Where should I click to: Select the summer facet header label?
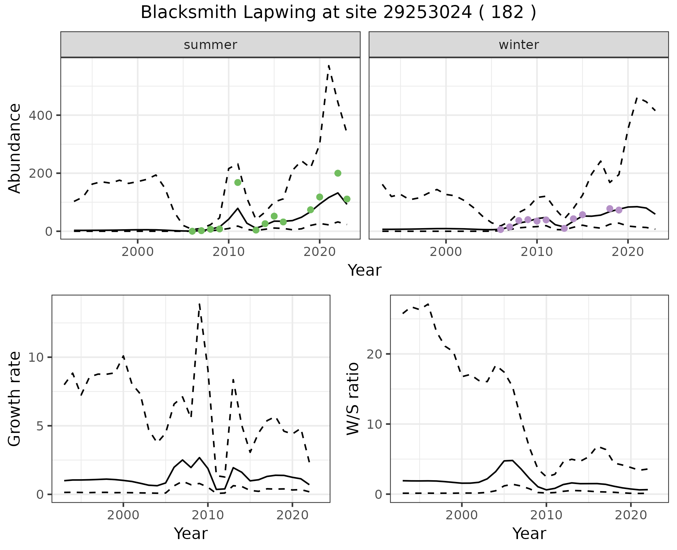click(211, 45)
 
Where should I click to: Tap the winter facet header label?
click(519, 45)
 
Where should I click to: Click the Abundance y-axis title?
click(15, 148)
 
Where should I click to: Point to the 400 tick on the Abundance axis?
click(40, 116)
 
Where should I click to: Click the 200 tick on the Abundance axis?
click(40, 173)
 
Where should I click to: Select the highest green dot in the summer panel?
click(338, 173)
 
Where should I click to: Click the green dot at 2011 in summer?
click(238, 182)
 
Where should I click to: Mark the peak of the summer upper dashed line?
click(329, 66)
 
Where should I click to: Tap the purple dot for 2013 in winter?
click(564, 228)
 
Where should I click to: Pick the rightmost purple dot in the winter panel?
click(619, 210)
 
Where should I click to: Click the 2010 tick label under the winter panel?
click(537, 252)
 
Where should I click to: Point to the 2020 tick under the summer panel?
click(319, 252)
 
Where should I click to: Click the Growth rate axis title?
click(15, 399)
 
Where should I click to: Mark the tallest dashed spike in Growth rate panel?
click(200, 304)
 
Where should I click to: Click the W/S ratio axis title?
click(353, 399)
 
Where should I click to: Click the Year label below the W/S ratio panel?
click(529, 533)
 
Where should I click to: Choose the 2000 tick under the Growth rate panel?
click(123, 515)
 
